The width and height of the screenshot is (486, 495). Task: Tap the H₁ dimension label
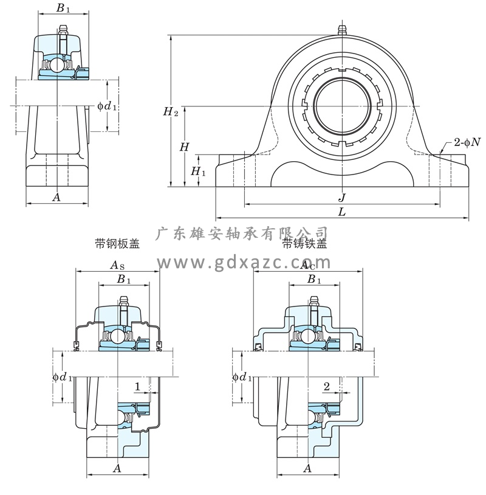click(x=198, y=172)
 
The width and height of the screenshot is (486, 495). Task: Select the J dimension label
click(x=342, y=197)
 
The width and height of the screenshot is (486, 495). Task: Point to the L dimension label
click(x=342, y=212)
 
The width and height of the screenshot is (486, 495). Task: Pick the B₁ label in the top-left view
click(x=63, y=9)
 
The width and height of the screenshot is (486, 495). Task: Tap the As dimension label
click(x=117, y=265)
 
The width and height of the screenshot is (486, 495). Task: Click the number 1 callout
click(x=138, y=387)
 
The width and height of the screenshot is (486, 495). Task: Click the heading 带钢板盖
click(x=117, y=244)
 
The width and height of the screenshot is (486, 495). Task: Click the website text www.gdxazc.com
click(x=244, y=263)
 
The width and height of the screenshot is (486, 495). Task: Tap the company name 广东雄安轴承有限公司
click(x=242, y=233)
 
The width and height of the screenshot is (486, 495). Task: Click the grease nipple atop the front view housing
click(x=341, y=30)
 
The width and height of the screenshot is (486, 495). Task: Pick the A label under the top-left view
click(x=56, y=197)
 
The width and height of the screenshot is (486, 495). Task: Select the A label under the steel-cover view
click(x=117, y=468)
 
